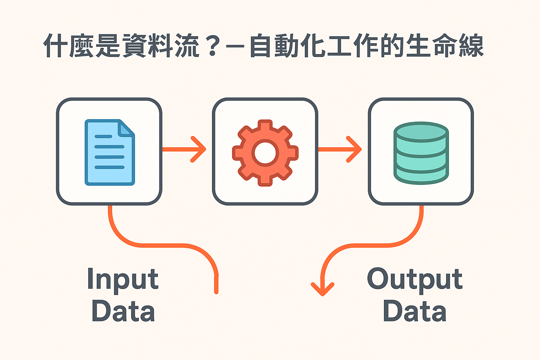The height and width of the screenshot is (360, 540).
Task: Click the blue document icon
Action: click(110, 152)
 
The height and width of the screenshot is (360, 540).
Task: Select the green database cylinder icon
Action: click(421, 153)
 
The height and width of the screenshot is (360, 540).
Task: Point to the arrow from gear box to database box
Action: click(340, 149)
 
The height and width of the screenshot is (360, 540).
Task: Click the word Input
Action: click(123, 279)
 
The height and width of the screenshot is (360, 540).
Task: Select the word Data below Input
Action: click(123, 311)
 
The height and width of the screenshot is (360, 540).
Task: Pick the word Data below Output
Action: click(414, 311)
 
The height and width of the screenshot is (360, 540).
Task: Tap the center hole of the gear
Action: click(265, 153)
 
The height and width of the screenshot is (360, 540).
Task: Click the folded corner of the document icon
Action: click(126, 128)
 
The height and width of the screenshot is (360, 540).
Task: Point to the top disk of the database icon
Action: click(421, 132)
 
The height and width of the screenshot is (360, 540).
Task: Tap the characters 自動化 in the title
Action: click(288, 46)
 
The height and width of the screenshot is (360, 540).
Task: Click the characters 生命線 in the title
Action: click(445, 46)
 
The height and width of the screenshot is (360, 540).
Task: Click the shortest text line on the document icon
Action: click(103, 136)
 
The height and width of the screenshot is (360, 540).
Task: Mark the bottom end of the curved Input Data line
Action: click(216, 291)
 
